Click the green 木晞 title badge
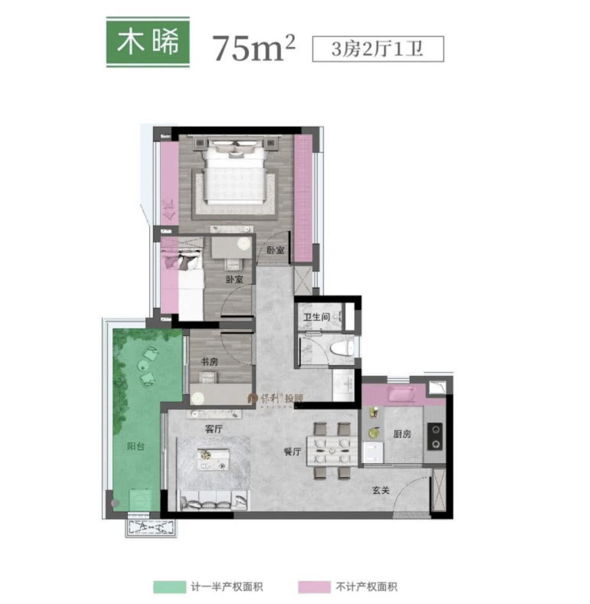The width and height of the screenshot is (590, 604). pyautogui.click(x=148, y=42)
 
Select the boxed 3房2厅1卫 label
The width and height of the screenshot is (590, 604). pyautogui.click(x=378, y=50)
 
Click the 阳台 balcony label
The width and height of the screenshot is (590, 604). pyautogui.click(x=136, y=446)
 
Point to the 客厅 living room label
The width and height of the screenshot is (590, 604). pyautogui.click(x=214, y=429)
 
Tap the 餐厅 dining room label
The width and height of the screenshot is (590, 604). pyautogui.click(x=292, y=452)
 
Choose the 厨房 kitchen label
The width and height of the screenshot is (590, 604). pyautogui.click(x=402, y=434)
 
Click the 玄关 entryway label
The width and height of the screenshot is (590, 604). pyautogui.click(x=381, y=490)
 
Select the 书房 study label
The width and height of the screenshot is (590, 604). pyautogui.click(x=209, y=362)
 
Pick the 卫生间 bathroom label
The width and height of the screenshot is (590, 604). pyautogui.click(x=316, y=317)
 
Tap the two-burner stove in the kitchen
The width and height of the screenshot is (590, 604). pyautogui.click(x=434, y=437)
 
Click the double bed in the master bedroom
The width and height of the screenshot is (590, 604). pyautogui.click(x=235, y=176)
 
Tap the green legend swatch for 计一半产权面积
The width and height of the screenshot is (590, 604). pyautogui.click(x=169, y=587)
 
